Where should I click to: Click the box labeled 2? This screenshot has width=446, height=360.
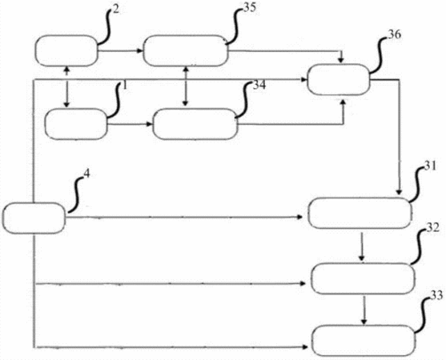(x=66, y=51)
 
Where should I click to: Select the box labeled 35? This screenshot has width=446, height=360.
(x=186, y=51)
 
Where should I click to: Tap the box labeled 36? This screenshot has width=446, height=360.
(x=339, y=79)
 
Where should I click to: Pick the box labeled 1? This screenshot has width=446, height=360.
(x=76, y=124)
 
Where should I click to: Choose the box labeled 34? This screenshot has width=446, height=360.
(x=195, y=124)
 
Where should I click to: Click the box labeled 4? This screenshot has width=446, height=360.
(x=34, y=218)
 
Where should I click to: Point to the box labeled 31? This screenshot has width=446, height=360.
(x=360, y=213)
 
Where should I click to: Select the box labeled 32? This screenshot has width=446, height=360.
(x=363, y=278)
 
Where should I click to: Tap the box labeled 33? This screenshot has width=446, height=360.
(x=364, y=341)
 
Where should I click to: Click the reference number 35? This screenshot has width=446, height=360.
(x=250, y=8)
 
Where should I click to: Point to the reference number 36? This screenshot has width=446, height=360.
(x=395, y=34)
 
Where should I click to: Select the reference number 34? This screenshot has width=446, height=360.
(x=259, y=85)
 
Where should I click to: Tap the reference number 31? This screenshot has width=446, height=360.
(x=430, y=166)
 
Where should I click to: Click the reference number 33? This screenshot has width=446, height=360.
(x=436, y=295)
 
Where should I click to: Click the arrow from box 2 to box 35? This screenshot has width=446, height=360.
(x=120, y=51)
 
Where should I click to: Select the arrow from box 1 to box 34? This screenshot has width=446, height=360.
(x=131, y=124)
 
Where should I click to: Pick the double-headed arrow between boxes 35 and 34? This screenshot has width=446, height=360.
(x=186, y=86)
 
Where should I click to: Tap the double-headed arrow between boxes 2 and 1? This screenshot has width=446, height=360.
(x=66, y=87)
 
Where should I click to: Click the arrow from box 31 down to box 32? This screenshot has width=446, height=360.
(x=361, y=246)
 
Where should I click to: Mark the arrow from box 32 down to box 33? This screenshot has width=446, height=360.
(x=364, y=310)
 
